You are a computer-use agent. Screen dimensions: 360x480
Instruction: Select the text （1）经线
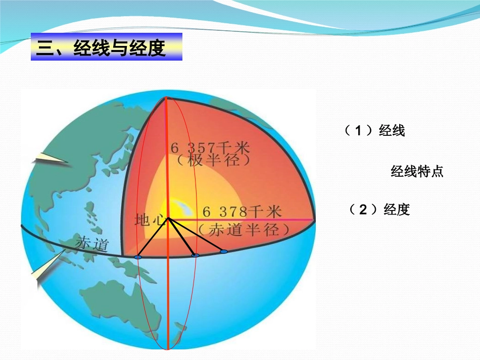click(x=374, y=131)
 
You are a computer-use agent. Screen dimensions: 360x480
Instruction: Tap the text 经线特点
click(x=417, y=172)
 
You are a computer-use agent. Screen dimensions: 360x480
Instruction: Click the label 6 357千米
click(x=210, y=148)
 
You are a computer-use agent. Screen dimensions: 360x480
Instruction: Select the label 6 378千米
click(x=242, y=211)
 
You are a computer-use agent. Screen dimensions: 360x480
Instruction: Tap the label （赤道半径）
click(x=244, y=230)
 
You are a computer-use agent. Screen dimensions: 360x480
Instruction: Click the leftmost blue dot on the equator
click(x=138, y=258)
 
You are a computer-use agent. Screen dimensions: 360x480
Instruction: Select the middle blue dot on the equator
click(x=196, y=255)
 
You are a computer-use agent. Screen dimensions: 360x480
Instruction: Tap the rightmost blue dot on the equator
click(x=223, y=251)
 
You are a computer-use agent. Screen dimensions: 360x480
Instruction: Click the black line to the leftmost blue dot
click(x=153, y=238)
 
